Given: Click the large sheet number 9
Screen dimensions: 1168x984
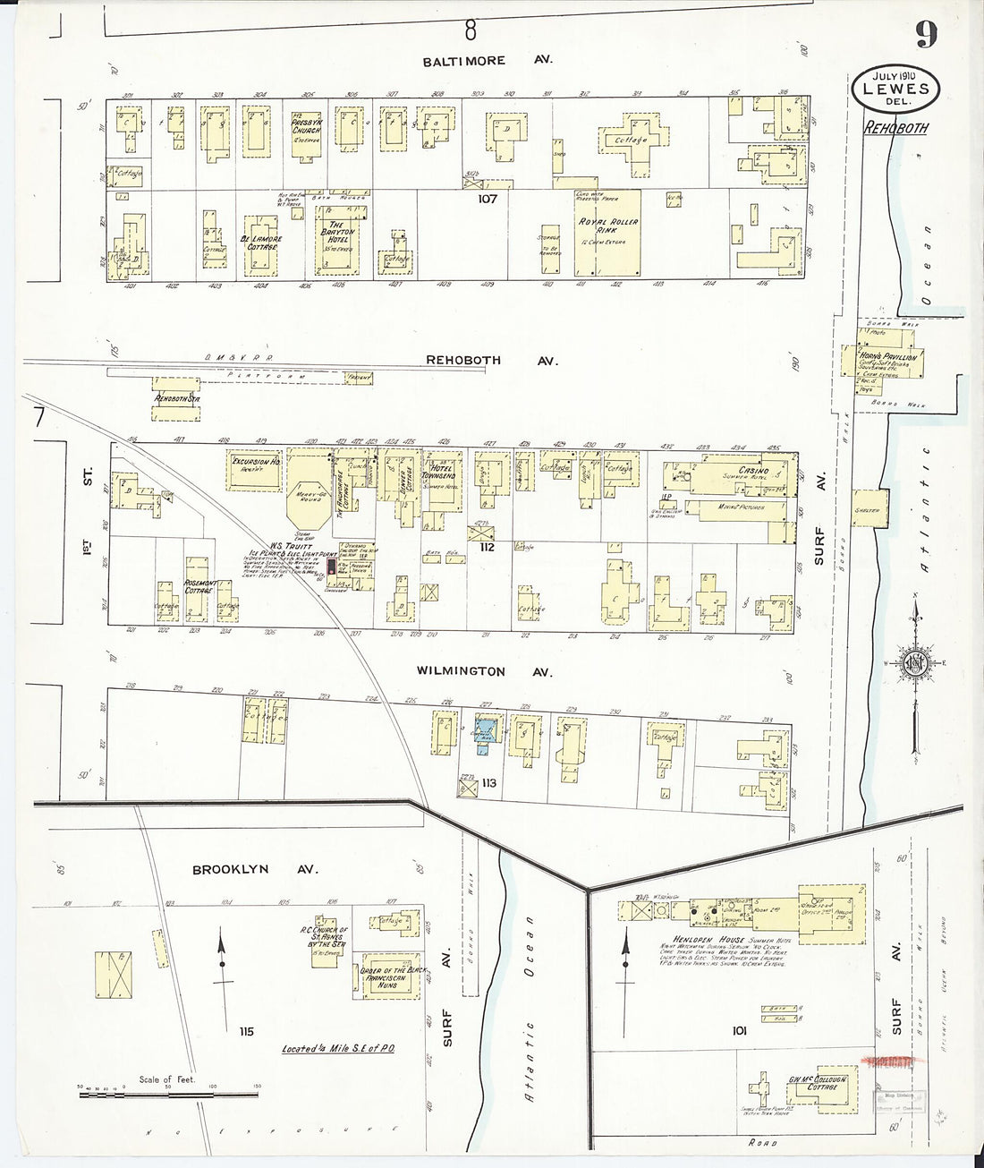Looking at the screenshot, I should coord(925,35).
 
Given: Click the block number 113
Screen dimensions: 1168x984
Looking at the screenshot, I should coord(488,785).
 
